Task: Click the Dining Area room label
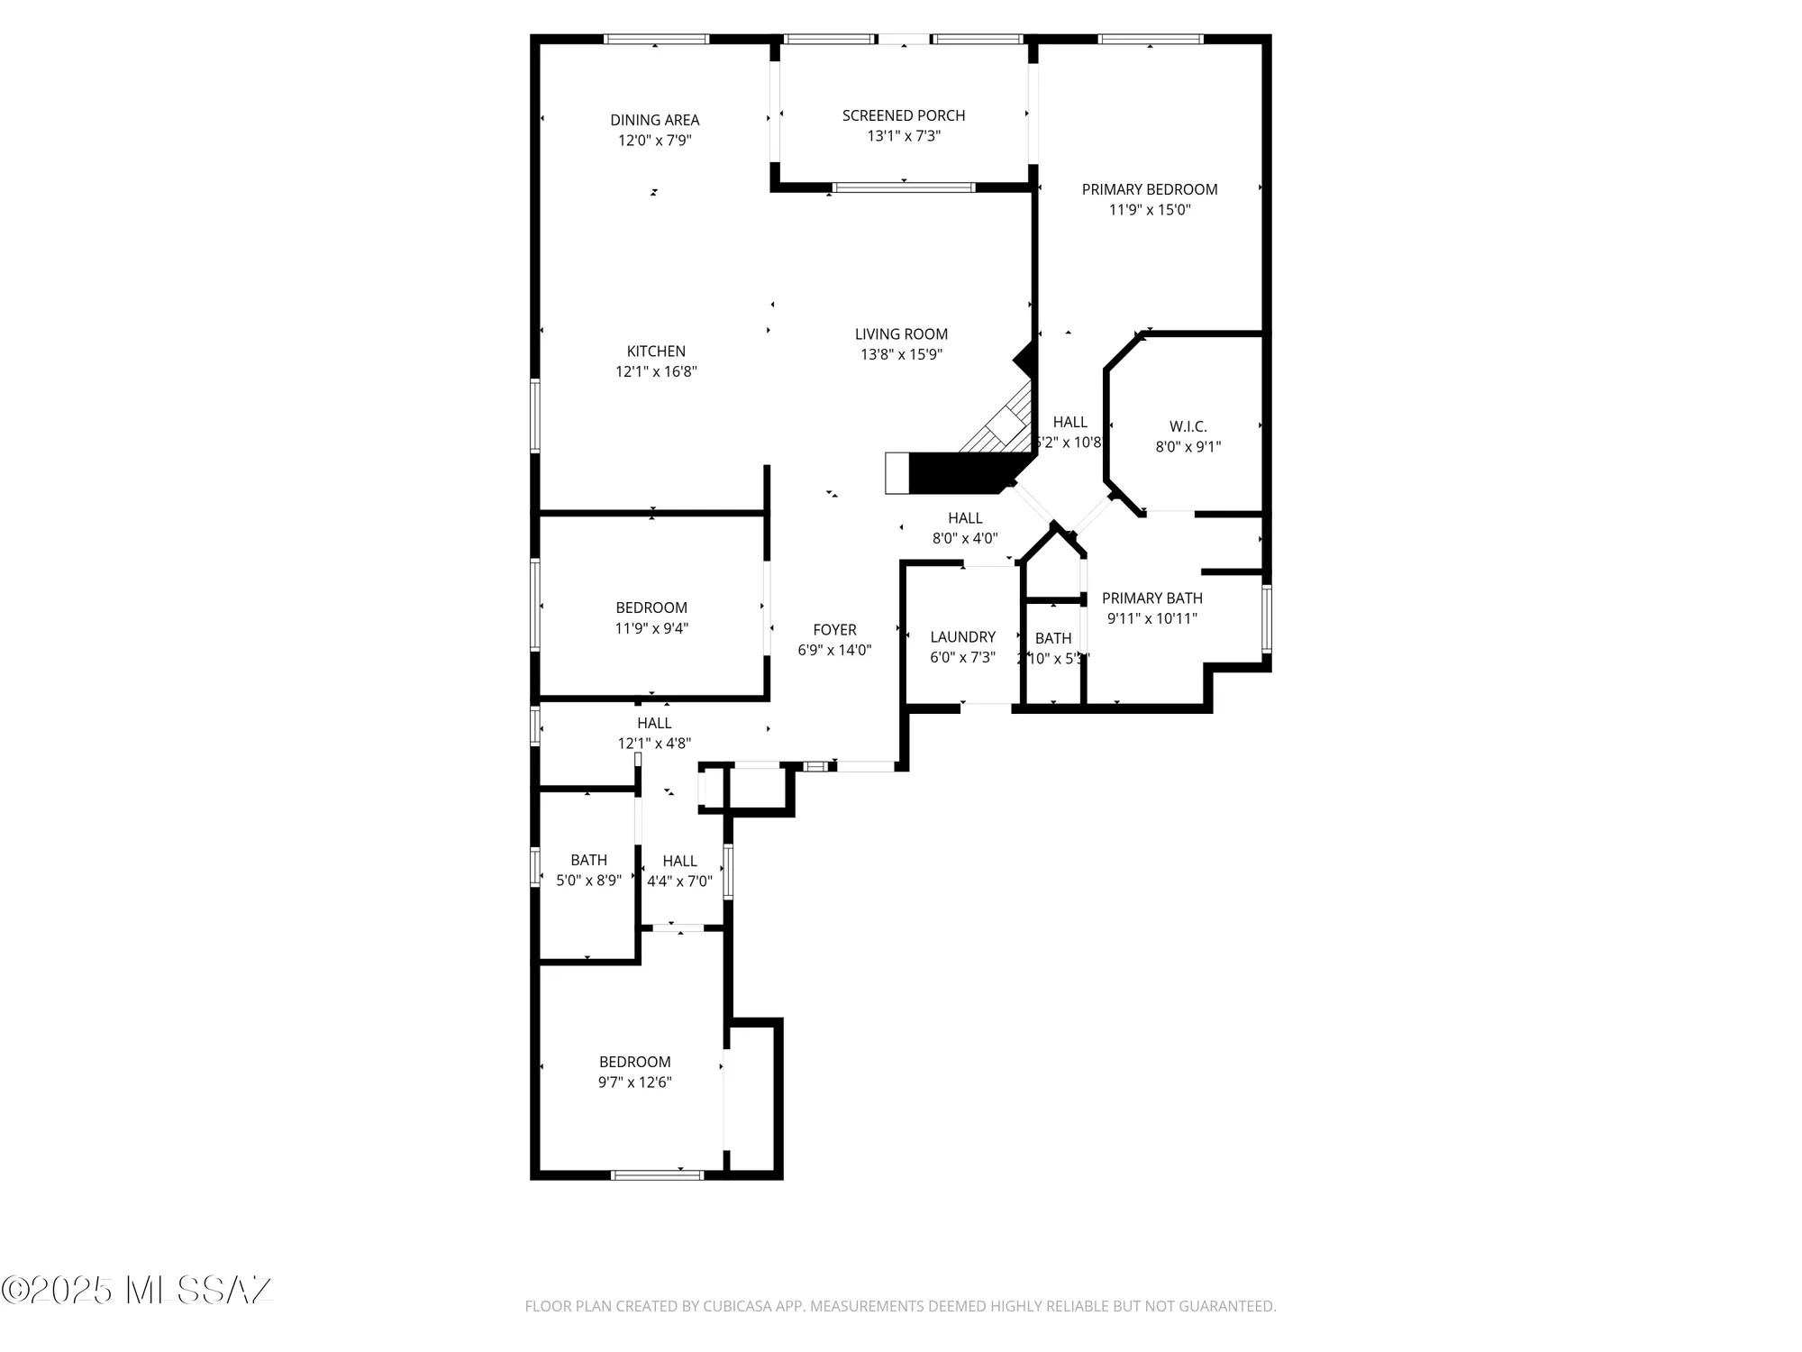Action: click(654, 120)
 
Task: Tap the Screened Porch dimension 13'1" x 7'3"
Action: click(904, 136)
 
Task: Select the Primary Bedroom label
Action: click(1150, 189)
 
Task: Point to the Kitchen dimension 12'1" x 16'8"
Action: click(656, 371)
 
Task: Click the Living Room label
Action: click(901, 334)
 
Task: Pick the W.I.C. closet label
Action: click(1188, 426)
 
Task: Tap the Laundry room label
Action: click(962, 637)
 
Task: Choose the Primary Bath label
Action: click(1151, 598)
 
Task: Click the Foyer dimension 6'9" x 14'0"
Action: click(834, 650)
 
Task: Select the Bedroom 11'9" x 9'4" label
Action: click(651, 608)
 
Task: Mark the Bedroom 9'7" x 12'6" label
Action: click(635, 1062)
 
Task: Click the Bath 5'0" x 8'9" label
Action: click(588, 861)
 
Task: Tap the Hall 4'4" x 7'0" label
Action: click(679, 862)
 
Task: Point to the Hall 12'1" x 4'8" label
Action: click(654, 723)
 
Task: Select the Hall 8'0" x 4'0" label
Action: click(965, 518)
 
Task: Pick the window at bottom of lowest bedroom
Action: click(657, 1174)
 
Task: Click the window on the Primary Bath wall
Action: click(1266, 618)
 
